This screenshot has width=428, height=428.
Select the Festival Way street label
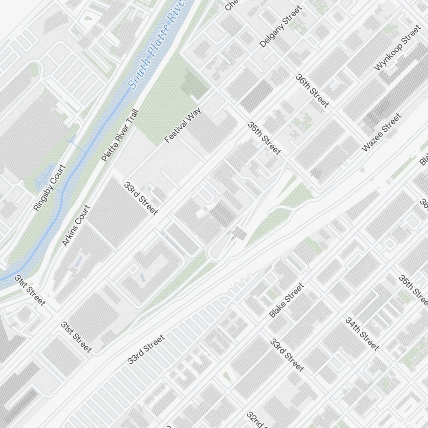182,125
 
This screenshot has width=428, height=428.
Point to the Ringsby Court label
50,187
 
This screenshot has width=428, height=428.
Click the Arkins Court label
76,226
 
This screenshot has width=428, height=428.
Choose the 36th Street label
312,91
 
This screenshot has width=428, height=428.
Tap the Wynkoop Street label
398,48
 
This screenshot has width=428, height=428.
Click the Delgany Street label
281,27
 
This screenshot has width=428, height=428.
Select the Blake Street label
286,300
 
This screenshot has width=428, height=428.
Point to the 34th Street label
362,334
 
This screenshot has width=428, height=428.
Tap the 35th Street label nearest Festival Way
265,138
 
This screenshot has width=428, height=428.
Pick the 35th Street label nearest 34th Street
413,291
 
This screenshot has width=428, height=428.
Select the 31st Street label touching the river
30,291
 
